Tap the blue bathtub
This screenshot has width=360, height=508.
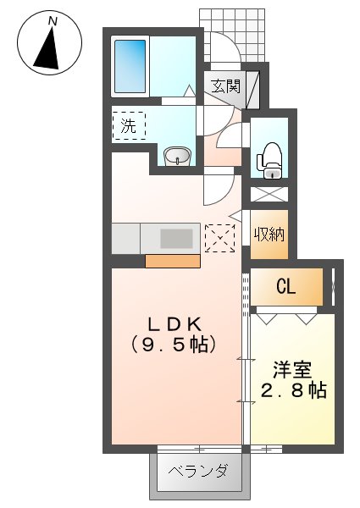point(131,66)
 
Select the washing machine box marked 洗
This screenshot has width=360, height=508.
point(129,127)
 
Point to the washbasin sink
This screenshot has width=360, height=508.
point(177,156)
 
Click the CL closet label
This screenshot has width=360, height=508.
point(285,288)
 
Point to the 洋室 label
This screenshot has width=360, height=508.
point(292,369)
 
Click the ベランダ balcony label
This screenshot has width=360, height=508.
point(198,471)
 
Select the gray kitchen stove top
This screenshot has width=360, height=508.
point(176,238)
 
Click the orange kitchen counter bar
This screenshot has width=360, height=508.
point(172,260)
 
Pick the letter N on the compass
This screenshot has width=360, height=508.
point(53,19)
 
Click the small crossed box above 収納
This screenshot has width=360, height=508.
point(269,192)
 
